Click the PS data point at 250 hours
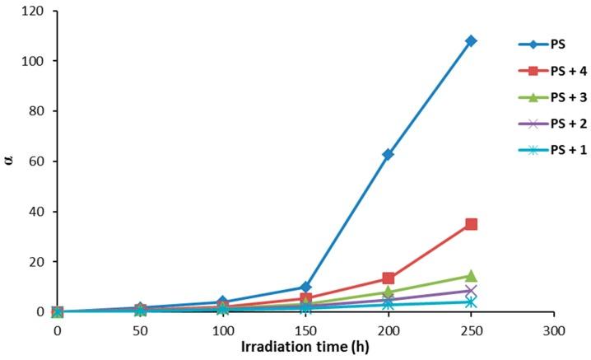click(471, 41)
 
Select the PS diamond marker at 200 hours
click(388, 154)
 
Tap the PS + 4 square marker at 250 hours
click(471, 224)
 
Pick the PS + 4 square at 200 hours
click(388, 278)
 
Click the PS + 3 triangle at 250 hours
click(471, 276)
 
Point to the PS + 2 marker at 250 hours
click(471, 292)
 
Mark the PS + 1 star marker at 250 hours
click(471, 302)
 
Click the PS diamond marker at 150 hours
click(305, 288)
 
